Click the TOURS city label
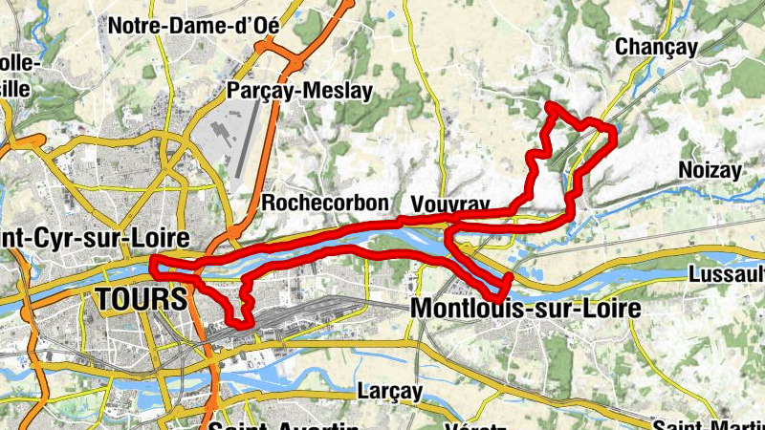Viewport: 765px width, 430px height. (x=142, y=298)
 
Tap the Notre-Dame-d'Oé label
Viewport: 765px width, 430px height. (x=194, y=26)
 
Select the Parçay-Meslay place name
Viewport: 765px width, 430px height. (x=299, y=91)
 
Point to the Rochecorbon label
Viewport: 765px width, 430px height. (x=325, y=203)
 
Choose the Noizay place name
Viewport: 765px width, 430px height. (x=710, y=170)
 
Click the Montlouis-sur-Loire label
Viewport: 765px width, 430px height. (x=525, y=309)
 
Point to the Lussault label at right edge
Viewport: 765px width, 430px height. (x=726, y=274)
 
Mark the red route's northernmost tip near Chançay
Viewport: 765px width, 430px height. (x=551, y=105)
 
